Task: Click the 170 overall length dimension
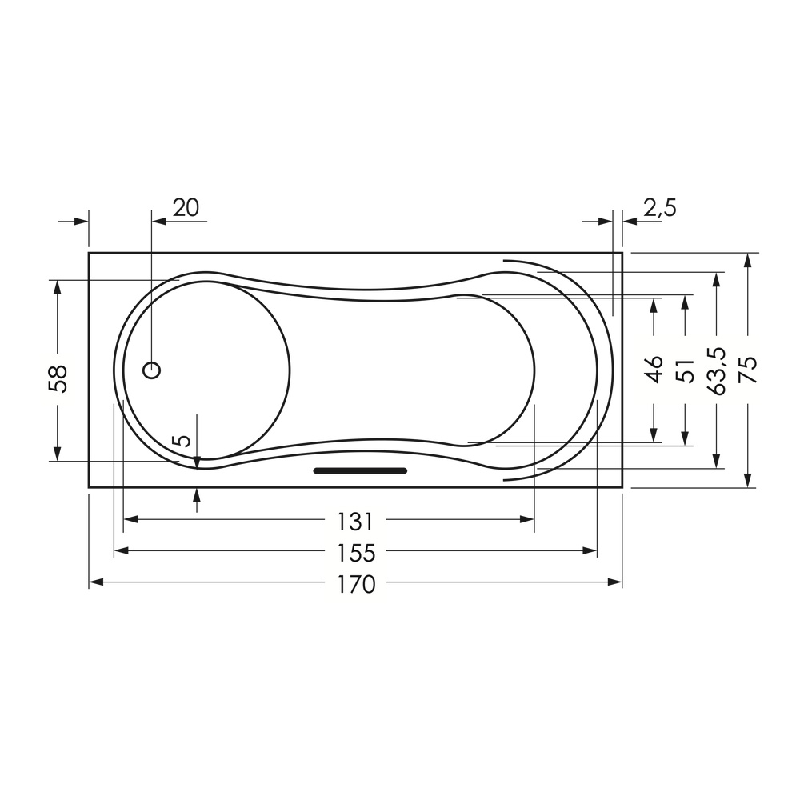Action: pyautogui.click(x=356, y=585)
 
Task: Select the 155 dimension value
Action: pyautogui.click(x=356, y=553)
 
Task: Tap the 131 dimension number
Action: pyautogui.click(x=356, y=522)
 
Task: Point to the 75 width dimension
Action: pyautogui.click(x=749, y=370)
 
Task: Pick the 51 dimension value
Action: pyautogui.click(x=686, y=370)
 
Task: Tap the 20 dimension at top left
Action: pyautogui.click(x=186, y=208)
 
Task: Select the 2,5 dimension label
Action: pyautogui.click(x=660, y=208)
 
